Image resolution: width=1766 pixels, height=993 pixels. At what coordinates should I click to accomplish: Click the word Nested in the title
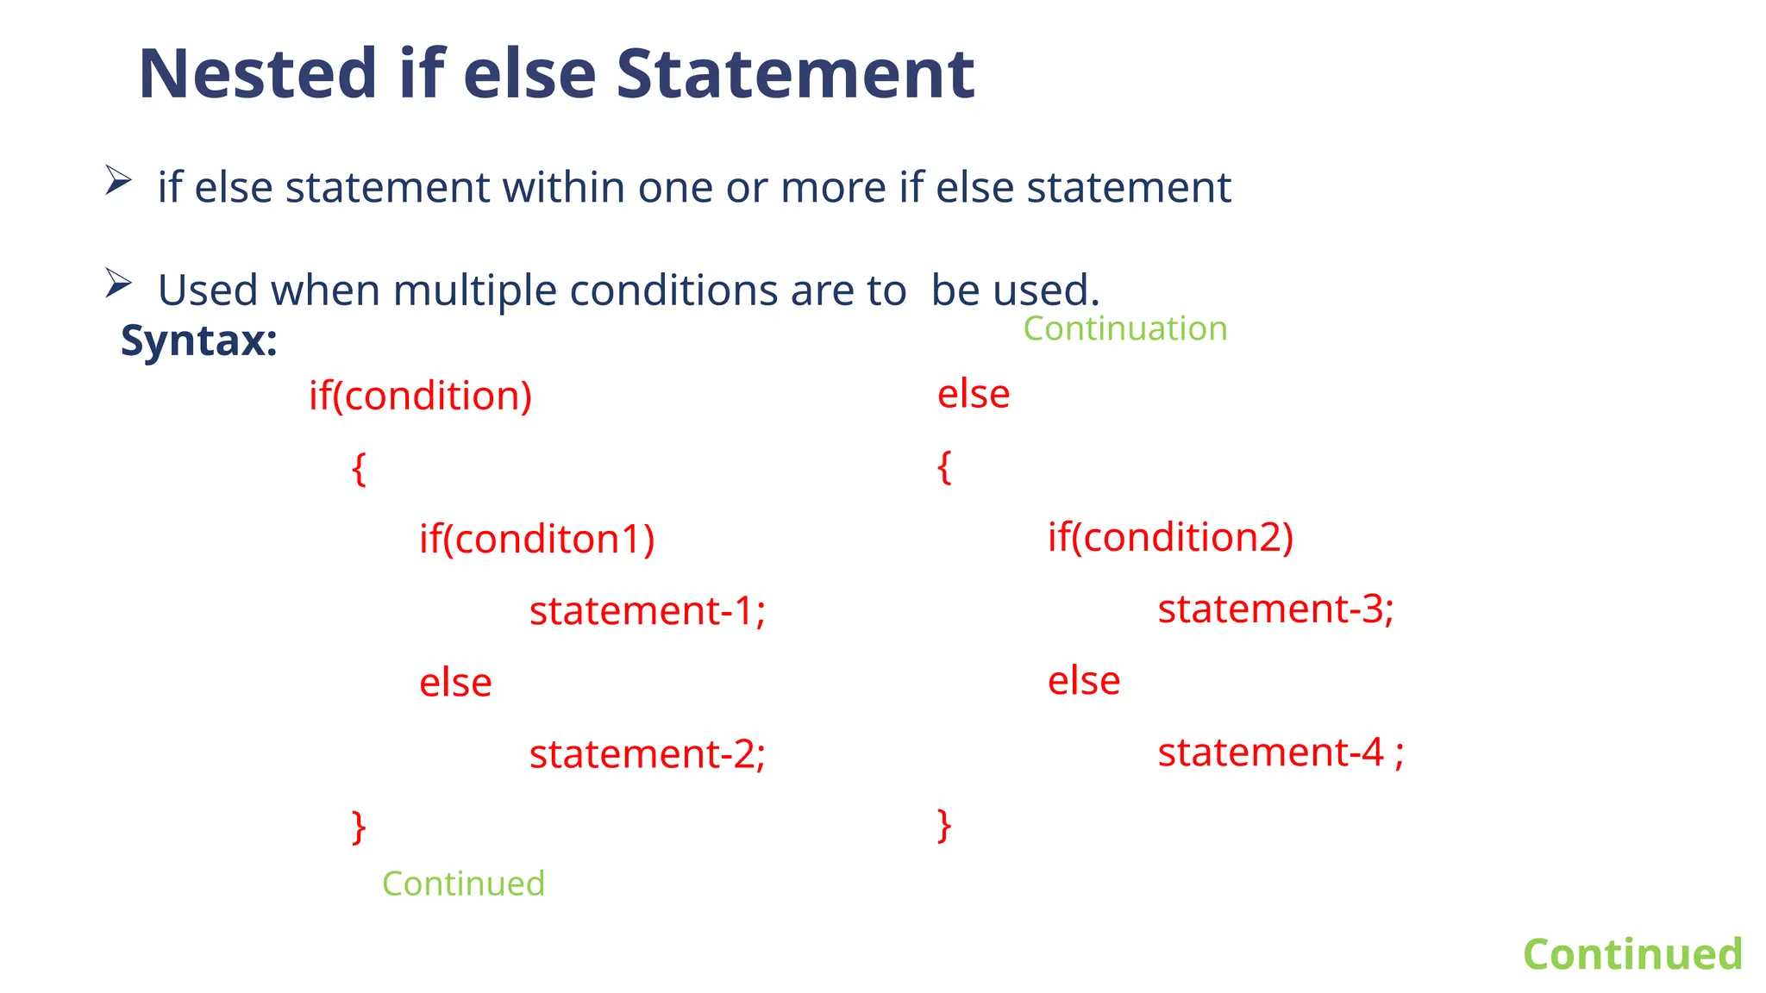(257, 74)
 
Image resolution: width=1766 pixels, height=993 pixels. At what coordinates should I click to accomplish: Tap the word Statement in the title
(795, 74)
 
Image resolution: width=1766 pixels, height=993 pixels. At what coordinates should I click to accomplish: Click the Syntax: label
(198, 340)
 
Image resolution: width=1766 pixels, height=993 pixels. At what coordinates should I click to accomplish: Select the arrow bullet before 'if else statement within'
(118, 180)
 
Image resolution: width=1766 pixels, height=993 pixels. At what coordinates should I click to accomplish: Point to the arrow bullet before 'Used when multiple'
(118, 283)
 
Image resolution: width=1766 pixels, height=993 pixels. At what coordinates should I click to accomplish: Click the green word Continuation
(1124, 328)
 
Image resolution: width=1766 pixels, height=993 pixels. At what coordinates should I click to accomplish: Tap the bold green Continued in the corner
(1632, 954)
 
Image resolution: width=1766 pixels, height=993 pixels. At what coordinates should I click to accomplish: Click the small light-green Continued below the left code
(463, 884)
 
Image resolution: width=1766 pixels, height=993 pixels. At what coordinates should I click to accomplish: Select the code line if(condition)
(420, 396)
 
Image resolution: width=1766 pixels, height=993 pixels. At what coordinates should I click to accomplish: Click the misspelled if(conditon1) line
(536, 539)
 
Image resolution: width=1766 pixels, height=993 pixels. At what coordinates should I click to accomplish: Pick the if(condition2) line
(1170, 537)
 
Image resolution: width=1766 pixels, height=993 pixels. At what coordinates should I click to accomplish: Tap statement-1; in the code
(647, 610)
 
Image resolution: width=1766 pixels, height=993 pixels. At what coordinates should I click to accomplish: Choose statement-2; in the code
(647, 754)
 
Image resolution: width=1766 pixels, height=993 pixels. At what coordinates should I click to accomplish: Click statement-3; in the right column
(1275, 609)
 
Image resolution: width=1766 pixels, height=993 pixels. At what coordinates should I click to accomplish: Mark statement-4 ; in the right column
(1281, 753)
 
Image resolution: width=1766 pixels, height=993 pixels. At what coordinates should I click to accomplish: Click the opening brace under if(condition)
(359, 470)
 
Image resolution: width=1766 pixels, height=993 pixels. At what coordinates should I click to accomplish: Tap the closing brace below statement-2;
(359, 827)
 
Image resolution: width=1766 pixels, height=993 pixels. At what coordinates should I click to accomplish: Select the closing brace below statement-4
(944, 825)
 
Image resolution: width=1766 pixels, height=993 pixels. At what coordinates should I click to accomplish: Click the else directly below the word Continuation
(974, 394)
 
